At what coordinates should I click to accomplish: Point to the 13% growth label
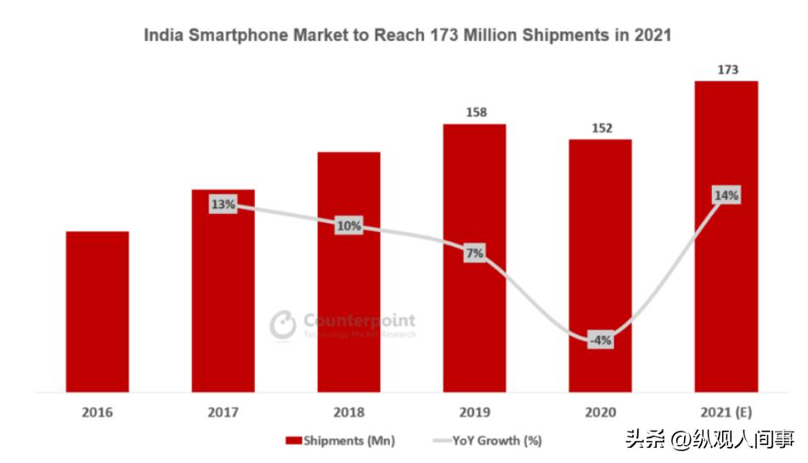(x=223, y=204)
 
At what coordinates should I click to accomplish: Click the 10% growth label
(x=348, y=226)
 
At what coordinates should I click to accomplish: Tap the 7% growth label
(x=474, y=252)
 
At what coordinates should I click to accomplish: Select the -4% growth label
(x=600, y=341)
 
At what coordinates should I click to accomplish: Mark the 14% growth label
(x=726, y=195)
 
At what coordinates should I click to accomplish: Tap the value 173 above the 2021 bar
(x=727, y=69)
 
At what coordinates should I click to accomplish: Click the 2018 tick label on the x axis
(x=348, y=413)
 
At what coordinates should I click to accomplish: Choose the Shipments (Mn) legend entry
(x=341, y=440)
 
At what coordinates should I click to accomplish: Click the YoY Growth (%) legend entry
(x=487, y=440)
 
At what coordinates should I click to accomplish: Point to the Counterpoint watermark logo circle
(x=282, y=325)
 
